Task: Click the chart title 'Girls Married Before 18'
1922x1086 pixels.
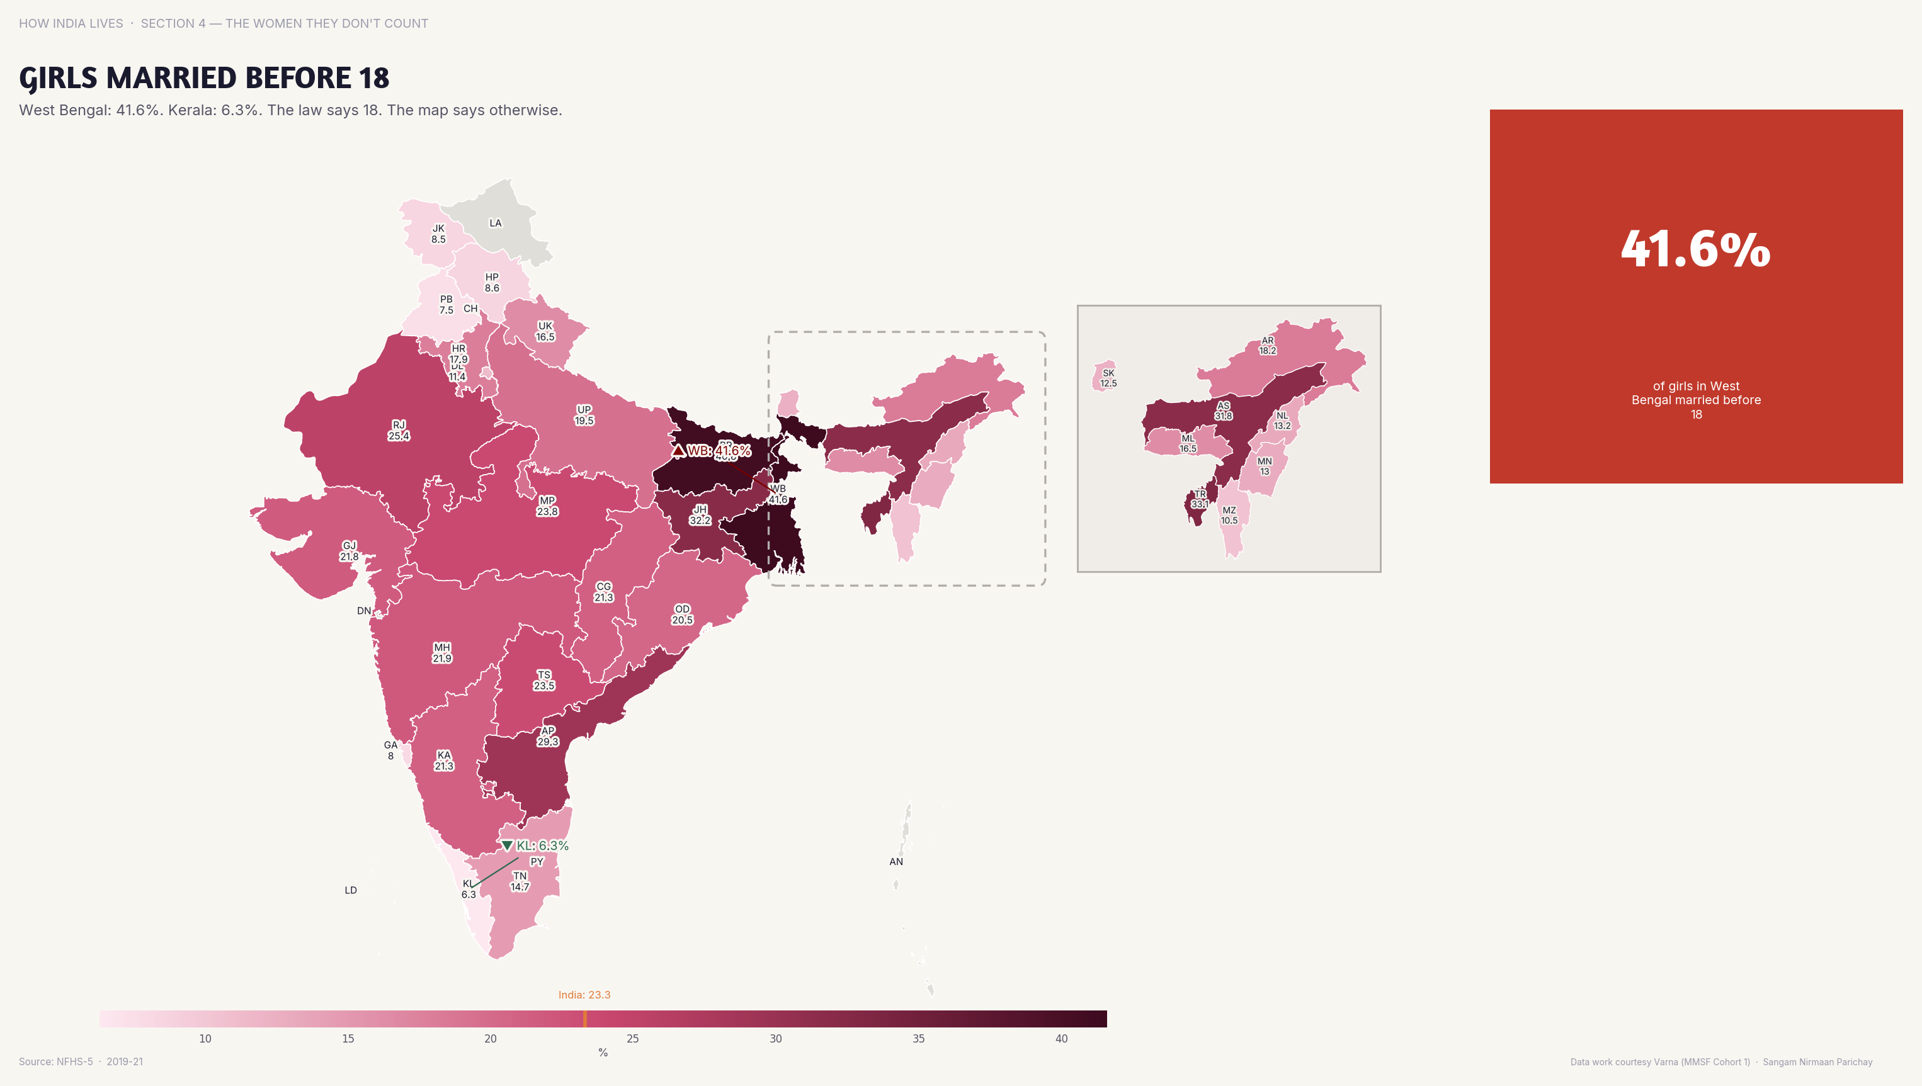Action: coord(203,78)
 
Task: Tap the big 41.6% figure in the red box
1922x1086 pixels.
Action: coord(1695,249)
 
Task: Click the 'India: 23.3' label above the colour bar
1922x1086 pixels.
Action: coord(584,994)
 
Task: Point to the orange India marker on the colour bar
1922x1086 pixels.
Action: coord(585,1019)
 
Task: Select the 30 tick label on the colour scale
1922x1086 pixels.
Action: coord(775,1038)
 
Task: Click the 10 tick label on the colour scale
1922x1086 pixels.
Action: coord(205,1038)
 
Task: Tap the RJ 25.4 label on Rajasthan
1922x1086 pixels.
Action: coord(399,431)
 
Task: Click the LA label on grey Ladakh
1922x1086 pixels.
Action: coord(496,223)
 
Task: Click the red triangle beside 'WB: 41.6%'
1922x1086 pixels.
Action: coord(678,451)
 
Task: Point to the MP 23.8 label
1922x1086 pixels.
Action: coord(547,506)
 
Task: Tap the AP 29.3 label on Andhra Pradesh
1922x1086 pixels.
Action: coord(548,736)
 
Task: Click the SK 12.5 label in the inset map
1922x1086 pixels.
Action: coord(1108,378)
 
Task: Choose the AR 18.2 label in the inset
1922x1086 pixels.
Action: coord(1268,346)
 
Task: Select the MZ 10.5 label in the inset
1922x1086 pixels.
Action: coord(1229,516)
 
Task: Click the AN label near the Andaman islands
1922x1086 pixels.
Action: coord(896,861)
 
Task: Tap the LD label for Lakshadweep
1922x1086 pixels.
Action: coord(351,890)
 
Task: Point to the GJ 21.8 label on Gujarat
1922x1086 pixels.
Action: coord(349,550)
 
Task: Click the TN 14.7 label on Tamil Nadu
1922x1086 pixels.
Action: coord(520,881)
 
